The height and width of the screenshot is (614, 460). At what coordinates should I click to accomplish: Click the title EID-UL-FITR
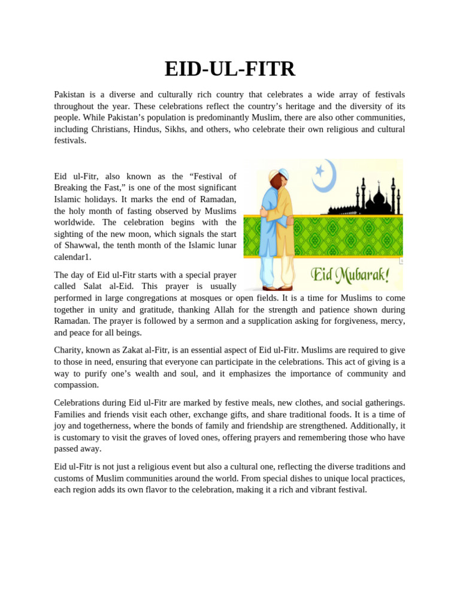(x=230, y=69)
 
